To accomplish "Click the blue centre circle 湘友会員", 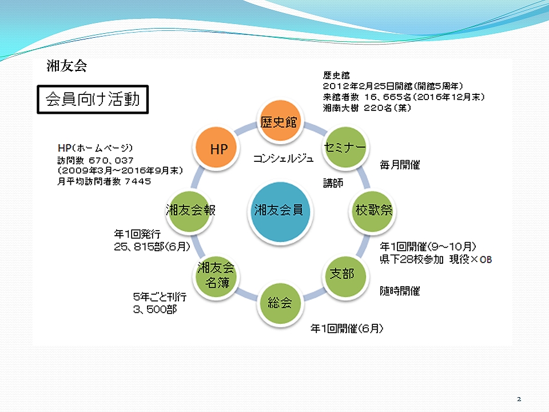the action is (280, 212).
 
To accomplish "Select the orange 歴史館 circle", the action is (280, 121).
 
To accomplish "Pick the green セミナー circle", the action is (344, 147).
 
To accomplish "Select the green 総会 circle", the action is (280, 303).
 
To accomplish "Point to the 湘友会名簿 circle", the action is (216, 276).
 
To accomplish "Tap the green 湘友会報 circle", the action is (189, 211).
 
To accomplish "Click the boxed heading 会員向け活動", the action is (93, 100).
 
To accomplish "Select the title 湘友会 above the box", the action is (66, 65).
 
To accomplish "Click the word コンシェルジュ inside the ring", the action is (283, 159).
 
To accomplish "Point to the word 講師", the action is (333, 183).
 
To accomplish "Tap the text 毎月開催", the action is (400, 165).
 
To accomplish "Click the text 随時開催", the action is (400, 291).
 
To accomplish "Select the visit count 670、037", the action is (111, 160).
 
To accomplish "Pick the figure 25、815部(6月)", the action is (152, 247).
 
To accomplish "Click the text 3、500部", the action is (155, 310).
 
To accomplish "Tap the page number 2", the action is (519, 399).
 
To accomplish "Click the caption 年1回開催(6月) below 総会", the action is (347, 328).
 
